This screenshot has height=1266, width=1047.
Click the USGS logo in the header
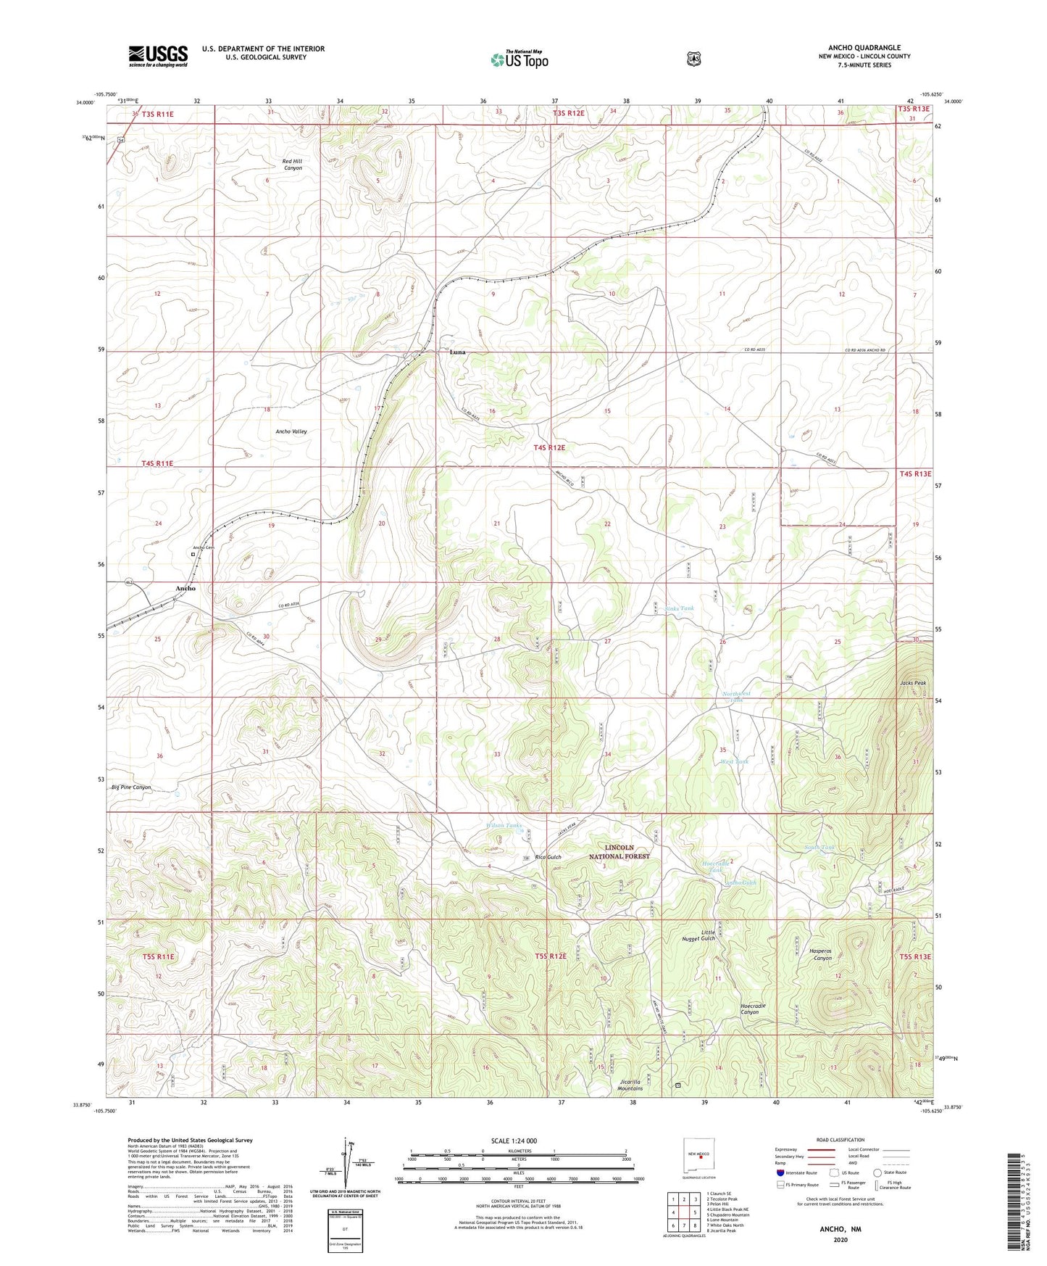click(158, 56)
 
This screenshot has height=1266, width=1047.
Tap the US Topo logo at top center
click(519, 59)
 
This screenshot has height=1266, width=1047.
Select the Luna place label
click(457, 352)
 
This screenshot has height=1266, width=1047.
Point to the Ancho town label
click(185, 588)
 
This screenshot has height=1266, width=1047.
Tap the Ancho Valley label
click(291, 431)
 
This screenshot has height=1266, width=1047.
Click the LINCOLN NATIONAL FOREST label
click(620, 852)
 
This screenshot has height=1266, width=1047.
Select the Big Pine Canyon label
click(131, 787)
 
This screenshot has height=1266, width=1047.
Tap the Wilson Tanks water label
click(504, 826)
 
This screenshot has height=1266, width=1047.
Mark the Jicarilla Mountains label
click(630, 1085)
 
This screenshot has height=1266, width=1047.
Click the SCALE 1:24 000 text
click(514, 1141)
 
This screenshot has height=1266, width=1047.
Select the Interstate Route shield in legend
click(780, 1172)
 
